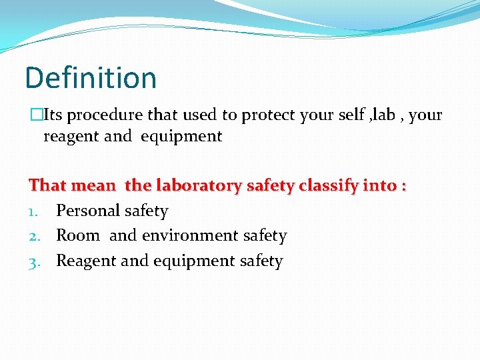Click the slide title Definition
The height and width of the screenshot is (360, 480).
91,78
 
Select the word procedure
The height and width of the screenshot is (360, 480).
105,115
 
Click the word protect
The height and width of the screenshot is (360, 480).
269,115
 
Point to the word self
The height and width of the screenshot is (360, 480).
352,115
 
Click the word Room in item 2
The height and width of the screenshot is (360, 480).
77,236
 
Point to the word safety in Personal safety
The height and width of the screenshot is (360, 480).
147,211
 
